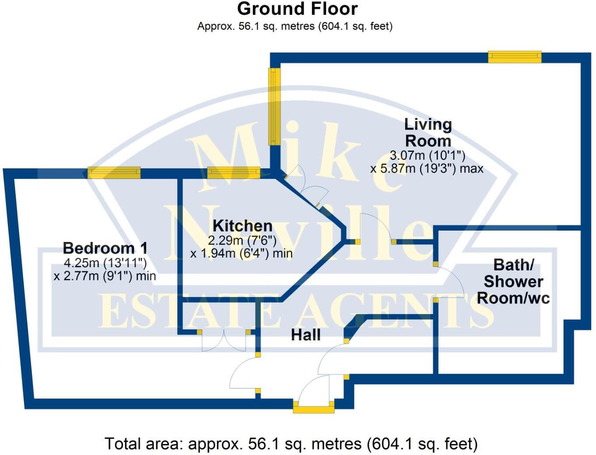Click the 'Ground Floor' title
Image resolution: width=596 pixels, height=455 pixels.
297,9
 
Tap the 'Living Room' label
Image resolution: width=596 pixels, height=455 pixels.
428,133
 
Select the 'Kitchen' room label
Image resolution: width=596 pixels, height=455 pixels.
242,226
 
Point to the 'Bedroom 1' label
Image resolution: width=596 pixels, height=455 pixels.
105,248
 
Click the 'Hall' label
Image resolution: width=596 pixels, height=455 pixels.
305,335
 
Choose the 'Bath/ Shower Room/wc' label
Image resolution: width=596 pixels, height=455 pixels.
513,281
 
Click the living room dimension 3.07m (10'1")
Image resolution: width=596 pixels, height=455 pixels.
427,155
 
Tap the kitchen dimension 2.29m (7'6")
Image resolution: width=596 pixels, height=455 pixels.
242,240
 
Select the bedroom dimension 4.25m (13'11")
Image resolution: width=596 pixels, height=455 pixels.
105,263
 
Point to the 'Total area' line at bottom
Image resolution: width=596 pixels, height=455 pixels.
291,444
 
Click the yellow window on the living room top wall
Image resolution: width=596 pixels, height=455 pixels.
515,57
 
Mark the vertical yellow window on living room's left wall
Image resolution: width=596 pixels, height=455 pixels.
274,106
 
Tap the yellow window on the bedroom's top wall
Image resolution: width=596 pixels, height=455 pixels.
114,173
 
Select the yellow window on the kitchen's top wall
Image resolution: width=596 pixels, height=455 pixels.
234,173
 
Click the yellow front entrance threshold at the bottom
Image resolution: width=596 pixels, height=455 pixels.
313,409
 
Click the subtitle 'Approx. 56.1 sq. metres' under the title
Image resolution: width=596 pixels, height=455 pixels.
294,26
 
